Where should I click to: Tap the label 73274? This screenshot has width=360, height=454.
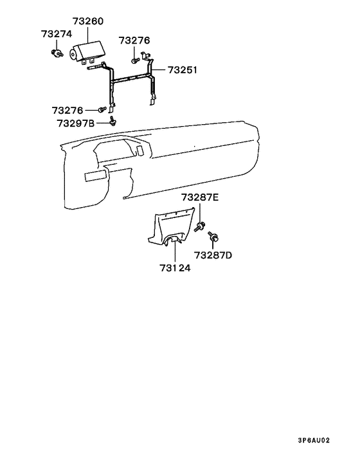point(57,34)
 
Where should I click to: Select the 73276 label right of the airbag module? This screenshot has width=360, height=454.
point(134,41)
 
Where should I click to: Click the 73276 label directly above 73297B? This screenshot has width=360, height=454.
point(67,111)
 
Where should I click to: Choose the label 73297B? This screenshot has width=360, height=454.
point(75,123)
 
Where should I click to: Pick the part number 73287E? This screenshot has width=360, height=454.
point(200,197)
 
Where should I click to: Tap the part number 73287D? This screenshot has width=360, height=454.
point(213,255)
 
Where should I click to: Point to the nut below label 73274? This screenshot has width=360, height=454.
point(57,53)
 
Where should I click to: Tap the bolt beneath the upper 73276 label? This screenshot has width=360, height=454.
point(134,60)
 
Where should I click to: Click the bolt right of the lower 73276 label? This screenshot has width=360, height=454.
point(102,111)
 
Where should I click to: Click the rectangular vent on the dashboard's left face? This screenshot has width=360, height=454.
point(94,175)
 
